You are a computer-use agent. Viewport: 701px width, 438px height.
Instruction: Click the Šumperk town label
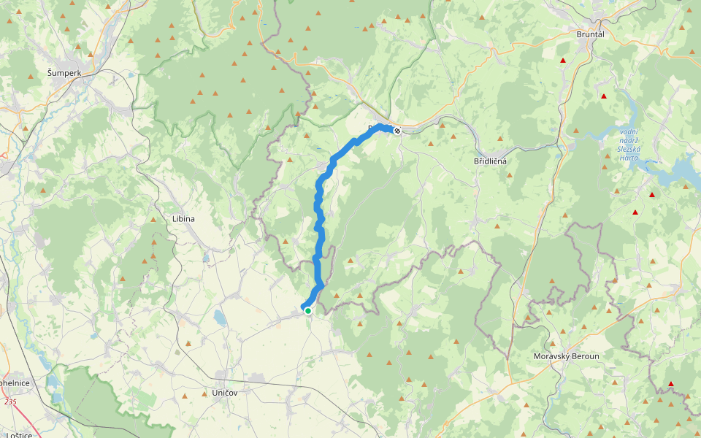coord(64,73)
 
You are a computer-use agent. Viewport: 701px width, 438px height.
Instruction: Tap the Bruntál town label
coord(590,34)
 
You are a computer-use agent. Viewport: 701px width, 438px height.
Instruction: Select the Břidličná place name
coord(490,161)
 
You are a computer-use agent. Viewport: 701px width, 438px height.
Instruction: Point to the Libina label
coord(183,218)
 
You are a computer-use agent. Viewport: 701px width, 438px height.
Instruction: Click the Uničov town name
coord(224,392)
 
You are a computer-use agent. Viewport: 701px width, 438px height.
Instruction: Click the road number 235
coord(10,401)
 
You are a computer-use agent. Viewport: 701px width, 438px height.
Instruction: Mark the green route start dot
coord(308,311)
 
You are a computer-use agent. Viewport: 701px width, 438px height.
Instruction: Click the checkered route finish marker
coord(397,131)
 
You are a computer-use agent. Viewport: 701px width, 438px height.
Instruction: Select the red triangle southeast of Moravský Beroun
coord(670,384)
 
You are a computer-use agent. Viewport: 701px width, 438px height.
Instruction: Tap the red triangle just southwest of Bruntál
coord(562,61)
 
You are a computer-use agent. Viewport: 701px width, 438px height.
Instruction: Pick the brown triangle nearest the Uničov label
coord(183,396)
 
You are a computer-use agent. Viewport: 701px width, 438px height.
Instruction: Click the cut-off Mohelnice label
coord(15,383)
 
